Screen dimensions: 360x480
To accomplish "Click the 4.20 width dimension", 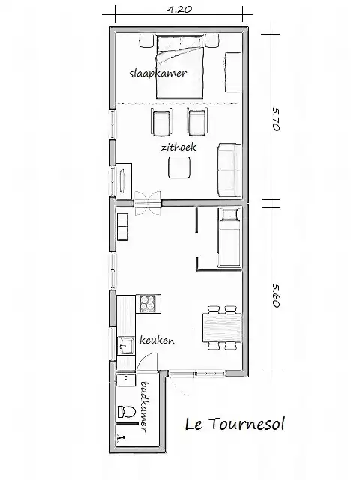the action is (180, 9).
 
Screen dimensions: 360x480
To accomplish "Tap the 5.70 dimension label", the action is (276, 118).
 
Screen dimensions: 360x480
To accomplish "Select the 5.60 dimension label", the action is (276, 295).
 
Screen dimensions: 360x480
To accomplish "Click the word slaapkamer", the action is (157, 73).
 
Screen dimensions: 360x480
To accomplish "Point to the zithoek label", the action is (178, 148).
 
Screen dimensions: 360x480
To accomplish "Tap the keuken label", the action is (157, 340).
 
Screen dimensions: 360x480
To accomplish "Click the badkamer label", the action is (144, 406).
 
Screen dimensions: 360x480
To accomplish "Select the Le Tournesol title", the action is (235, 424).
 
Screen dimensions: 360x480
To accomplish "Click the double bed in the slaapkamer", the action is (180, 67).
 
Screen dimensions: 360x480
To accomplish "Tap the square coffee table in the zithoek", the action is (179, 167).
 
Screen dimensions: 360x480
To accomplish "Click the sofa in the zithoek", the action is (229, 170).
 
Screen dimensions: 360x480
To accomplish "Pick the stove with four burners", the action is (148, 303).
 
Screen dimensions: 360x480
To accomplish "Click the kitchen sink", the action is (126, 346).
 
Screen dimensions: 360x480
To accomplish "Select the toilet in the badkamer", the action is (126, 412).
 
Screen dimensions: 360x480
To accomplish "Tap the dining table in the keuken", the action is (222, 327).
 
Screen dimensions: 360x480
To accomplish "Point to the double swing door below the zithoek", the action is (148, 203).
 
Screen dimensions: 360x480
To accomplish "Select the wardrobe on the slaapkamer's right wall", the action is (233, 72).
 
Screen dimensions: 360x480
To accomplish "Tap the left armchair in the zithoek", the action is (161, 121).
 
